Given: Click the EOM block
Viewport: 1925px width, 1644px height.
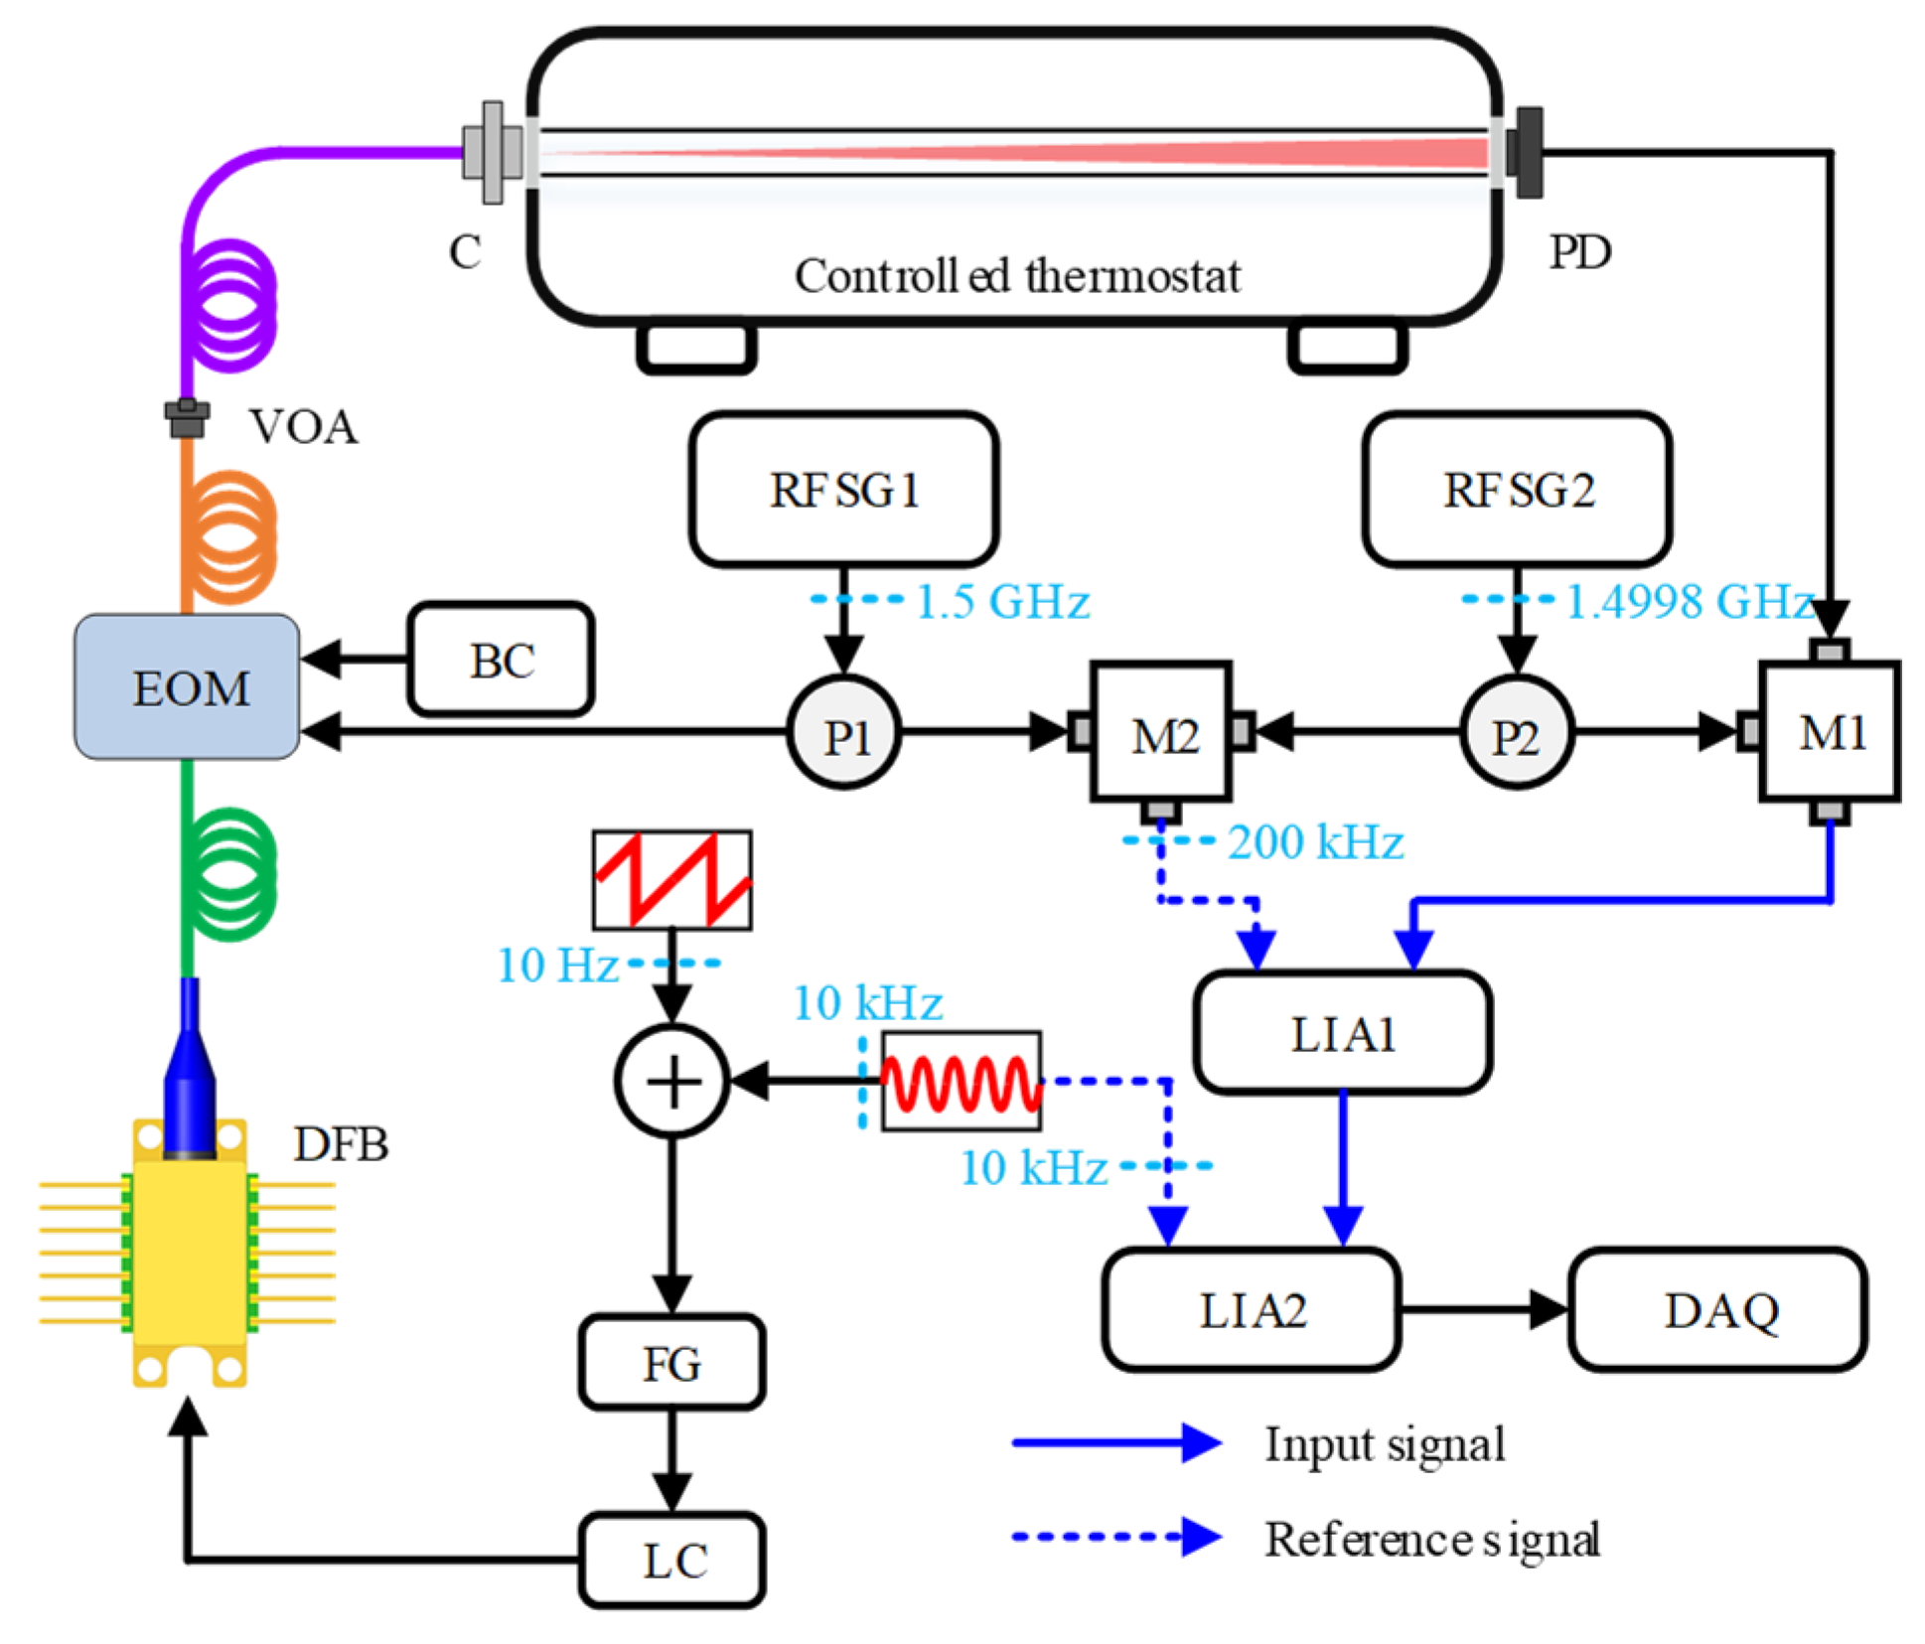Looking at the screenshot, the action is [x=187, y=686].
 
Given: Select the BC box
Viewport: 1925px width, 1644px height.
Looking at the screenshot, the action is [x=502, y=659].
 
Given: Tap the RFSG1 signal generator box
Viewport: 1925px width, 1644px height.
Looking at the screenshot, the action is [x=844, y=489].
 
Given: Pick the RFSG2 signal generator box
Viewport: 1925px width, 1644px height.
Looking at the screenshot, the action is [x=1517, y=489].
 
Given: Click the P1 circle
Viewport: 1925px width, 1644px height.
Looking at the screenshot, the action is [x=844, y=733].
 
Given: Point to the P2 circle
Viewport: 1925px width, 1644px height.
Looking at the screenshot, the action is [x=1517, y=733].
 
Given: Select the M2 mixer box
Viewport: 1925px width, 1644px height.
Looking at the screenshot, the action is [x=1161, y=732].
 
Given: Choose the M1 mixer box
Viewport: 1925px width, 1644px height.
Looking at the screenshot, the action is [x=1830, y=732].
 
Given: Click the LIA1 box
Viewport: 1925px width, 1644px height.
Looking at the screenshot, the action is [x=1343, y=1033].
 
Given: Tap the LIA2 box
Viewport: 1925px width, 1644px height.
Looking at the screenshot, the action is [x=1252, y=1309].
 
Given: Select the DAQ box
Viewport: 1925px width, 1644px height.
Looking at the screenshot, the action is [x=1718, y=1309].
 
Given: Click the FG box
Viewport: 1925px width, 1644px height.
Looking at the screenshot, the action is [x=672, y=1362].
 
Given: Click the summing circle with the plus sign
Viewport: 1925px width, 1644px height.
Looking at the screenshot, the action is [x=672, y=1081].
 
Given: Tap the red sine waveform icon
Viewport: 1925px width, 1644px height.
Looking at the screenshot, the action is [x=962, y=1081].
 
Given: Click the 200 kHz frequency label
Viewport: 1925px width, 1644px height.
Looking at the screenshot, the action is [x=1315, y=842].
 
